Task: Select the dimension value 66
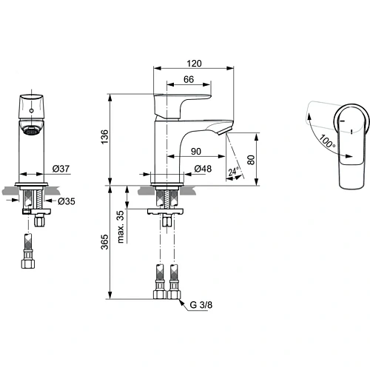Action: pos(188,80)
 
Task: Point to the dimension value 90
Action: pos(196,152)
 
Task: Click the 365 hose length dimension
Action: pos(104,241)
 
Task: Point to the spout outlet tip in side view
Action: pos(223,131)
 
